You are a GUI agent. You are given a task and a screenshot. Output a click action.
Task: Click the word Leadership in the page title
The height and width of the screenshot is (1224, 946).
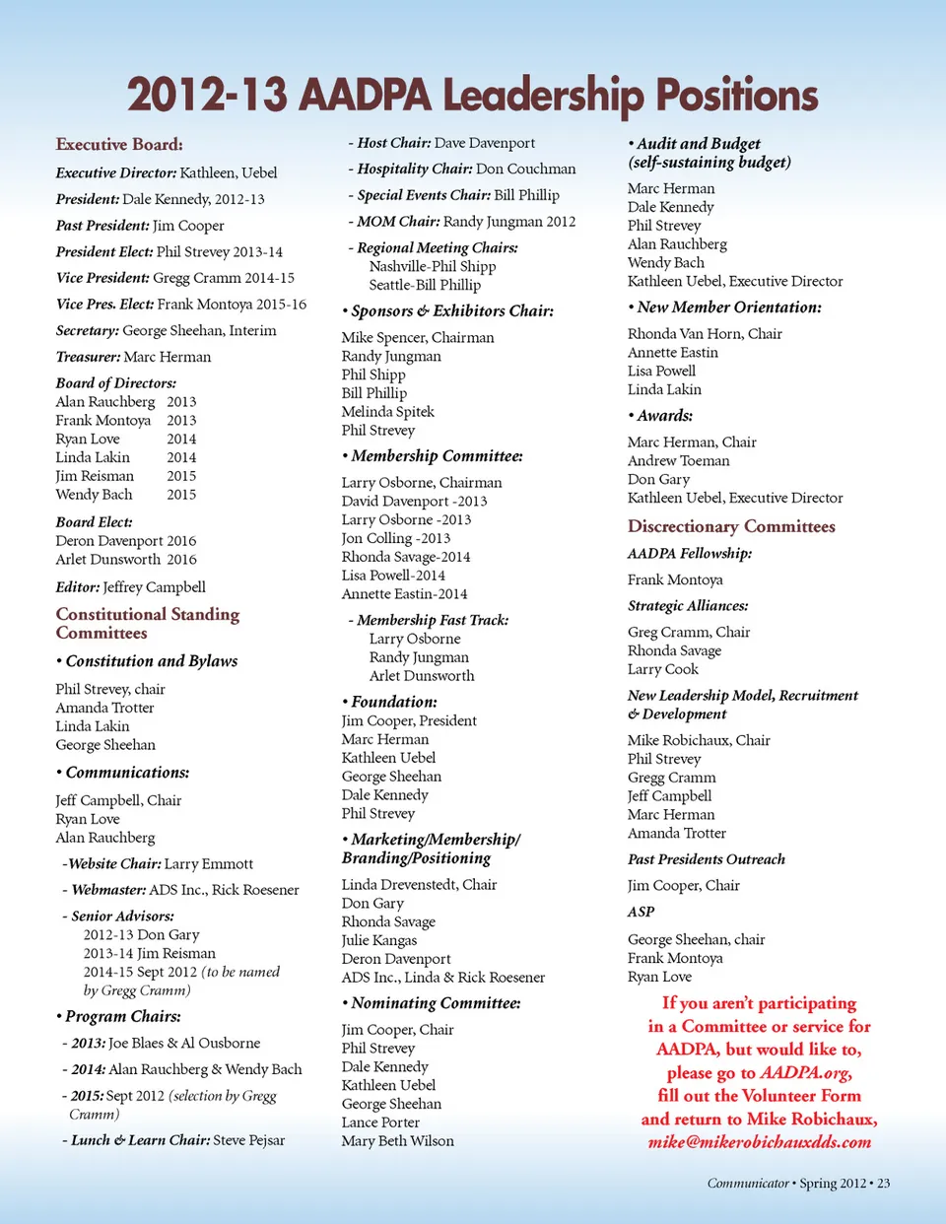point(543,96)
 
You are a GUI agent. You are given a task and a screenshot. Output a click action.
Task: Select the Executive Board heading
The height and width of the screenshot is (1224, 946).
point(119,144)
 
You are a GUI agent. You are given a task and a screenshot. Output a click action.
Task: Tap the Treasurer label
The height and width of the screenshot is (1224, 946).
point(88,357)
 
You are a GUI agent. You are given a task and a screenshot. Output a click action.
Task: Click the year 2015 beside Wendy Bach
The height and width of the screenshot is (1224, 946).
point(181,495)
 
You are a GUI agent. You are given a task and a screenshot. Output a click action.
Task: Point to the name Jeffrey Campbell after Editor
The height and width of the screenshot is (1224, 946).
point(155,587)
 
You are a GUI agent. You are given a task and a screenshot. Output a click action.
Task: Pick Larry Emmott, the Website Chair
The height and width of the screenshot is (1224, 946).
point(209,864)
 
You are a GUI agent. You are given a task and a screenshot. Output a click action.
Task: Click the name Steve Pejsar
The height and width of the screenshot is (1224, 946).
point(249,1140)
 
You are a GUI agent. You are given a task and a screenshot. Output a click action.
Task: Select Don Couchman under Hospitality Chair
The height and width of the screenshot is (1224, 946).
point(526,170)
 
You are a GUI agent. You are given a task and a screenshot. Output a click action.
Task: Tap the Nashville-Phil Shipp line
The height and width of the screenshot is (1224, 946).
point(433,266)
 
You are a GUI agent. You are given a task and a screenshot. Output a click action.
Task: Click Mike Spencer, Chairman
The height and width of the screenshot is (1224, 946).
point(418,337)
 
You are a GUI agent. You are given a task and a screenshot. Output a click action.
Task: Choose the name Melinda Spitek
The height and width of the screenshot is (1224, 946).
point(388,412)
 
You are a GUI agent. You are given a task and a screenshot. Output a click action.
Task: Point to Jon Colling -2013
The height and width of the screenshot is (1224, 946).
point(396,538)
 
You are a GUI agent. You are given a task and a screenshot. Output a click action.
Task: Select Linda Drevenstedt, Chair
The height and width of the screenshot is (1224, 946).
point(420,885)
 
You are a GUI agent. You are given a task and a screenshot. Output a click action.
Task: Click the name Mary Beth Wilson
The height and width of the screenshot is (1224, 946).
point(398,1141)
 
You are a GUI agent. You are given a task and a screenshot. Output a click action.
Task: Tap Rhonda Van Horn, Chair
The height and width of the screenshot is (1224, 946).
point(705,334)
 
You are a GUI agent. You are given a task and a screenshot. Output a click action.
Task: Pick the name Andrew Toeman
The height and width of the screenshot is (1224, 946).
point(679,460)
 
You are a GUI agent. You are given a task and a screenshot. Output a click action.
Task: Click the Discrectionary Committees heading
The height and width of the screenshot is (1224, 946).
point(731,526)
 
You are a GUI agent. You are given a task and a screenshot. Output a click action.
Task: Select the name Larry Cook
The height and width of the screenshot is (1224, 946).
point(663,669)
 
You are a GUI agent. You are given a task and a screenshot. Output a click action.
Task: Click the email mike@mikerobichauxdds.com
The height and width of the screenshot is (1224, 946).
point(760,1142)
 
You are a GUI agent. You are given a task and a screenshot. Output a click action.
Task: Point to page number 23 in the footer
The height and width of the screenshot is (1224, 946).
point(883,1184)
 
